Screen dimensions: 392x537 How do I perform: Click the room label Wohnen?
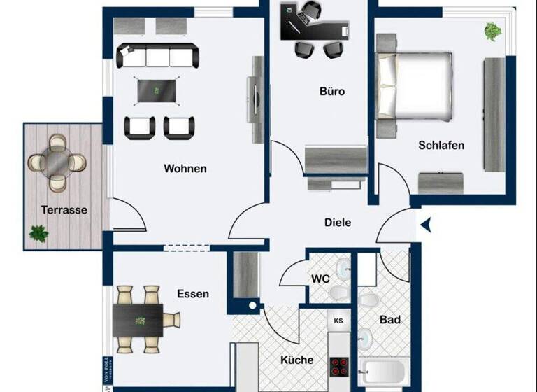[185, 169]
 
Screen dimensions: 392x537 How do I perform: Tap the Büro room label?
[332, 92]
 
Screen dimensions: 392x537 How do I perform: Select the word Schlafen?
[441, 146]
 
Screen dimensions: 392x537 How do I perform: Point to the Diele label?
[338, 223]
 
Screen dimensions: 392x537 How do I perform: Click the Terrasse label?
[64, 209]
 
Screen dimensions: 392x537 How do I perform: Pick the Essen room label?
[193, 294]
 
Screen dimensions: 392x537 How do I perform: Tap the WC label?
[320, 279]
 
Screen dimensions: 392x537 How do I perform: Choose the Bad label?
[390, 320]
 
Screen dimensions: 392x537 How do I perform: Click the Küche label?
[297, 360]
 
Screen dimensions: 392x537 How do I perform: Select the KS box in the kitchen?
[338, 321]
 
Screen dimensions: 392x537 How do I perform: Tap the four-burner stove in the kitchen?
[339, 367]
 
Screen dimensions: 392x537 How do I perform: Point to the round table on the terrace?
[57, 162]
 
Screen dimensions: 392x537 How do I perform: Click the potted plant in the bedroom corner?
[493, 31]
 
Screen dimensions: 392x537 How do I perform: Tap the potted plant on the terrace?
[39, 234]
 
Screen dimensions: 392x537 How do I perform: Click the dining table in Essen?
[138, 320]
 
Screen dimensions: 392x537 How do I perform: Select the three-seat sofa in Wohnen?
[157, 55]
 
